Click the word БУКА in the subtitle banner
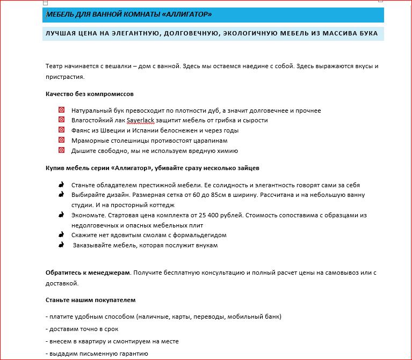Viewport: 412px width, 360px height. [367, 33]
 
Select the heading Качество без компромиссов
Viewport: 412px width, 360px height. [90, 94]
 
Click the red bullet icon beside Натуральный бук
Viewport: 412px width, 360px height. [62, 110]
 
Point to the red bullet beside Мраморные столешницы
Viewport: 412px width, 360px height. [62, 140]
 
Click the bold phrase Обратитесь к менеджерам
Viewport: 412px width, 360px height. [88, 273]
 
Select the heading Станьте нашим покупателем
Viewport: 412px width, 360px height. [91, 299]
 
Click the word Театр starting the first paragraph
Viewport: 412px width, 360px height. [54, 67]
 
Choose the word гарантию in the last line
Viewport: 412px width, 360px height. [132, 354]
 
